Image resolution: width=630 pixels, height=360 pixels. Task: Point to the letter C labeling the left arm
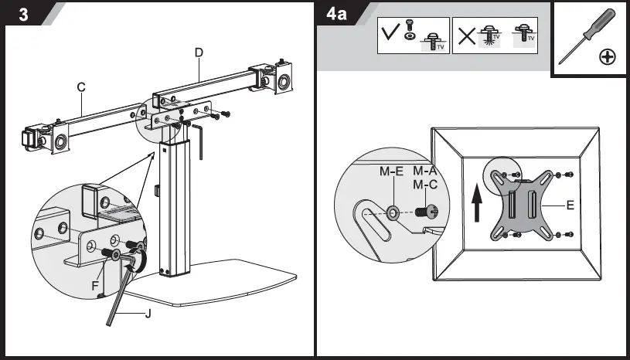click(x=80, y=87)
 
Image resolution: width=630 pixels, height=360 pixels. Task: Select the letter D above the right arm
click(x=199, y=53)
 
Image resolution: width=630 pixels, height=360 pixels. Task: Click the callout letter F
click(x=94, y=286)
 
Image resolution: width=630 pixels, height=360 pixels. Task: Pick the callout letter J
click(x=147, y=314)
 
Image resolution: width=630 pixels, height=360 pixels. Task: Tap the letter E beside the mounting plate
click(x=570, y=206)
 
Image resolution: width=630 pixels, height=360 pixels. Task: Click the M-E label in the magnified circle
click(x=392, y=171)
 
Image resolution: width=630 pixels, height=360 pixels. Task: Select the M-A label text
click(x=426, y=171)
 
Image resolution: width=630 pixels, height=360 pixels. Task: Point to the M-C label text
click(x=426, y=185)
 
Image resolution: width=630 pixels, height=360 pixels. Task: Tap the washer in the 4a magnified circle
click(x=393, y=211)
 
